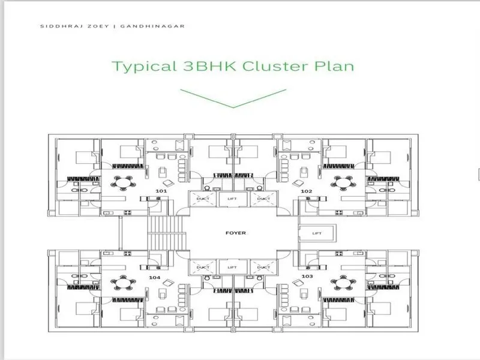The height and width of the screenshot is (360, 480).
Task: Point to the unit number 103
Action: tap(307, 276)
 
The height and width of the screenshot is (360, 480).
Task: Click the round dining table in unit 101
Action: tap(123, 183)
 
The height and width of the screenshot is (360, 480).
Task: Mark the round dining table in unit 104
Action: tap(123, 282)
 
